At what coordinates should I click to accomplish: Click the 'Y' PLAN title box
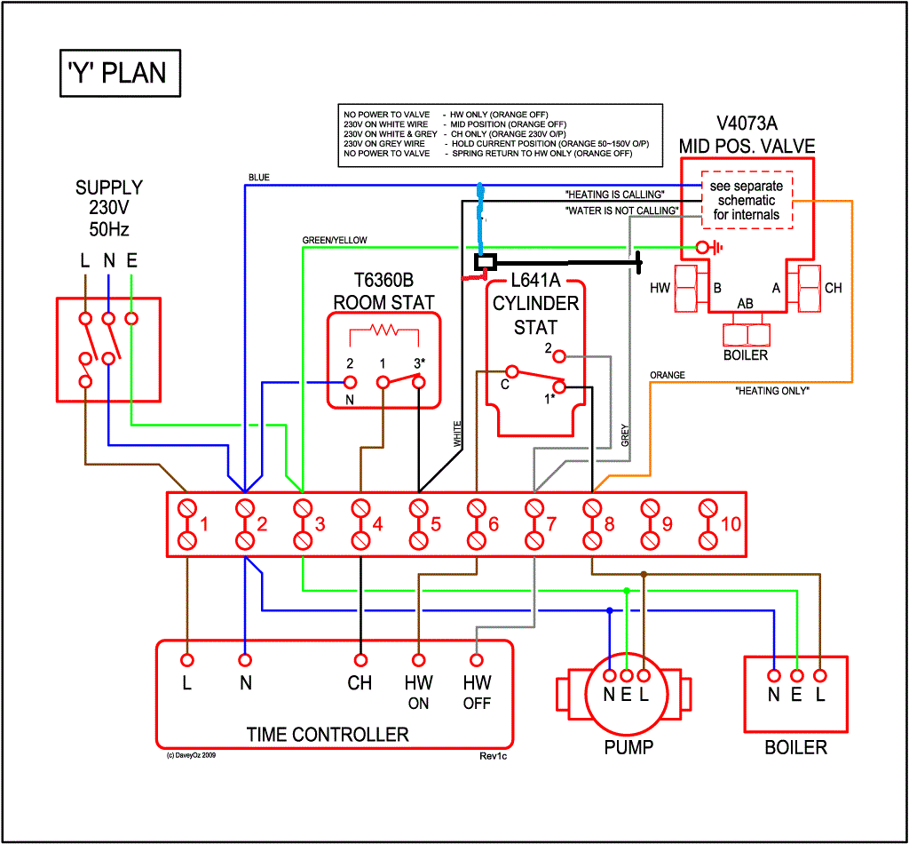pyautogui.click(x=118, y=72)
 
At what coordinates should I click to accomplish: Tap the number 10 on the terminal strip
pyautogui.click(x=730, y=524)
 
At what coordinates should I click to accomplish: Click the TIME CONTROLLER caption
pyautogui.click(x=328, y=735)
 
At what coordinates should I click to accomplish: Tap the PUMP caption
pyautogui.click(x=628, y=747)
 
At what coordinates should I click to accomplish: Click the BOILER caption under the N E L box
pyautogui.click(x=795, y=747)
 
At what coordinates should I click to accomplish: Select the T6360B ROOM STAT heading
pyautogui.click(x=383, y=291)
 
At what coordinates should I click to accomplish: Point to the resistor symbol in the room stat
pyautogui.click(x=383, y=330)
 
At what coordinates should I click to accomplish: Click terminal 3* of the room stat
pyautogui.click(x=418, y=382)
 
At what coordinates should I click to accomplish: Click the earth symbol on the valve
pyautogui.click(x=706, y=247)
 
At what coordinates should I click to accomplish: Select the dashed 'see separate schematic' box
pyautogui.click(x=745, y=201)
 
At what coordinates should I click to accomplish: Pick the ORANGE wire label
pyautogui.click(x=667, y=375)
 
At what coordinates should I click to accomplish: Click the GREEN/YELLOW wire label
pyautogui.click(x=334, y=240)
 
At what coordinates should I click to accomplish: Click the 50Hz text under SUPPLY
pyautogui.click(x=108, y=229)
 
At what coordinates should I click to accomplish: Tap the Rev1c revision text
pyautogui.click(x=493, y=756)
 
